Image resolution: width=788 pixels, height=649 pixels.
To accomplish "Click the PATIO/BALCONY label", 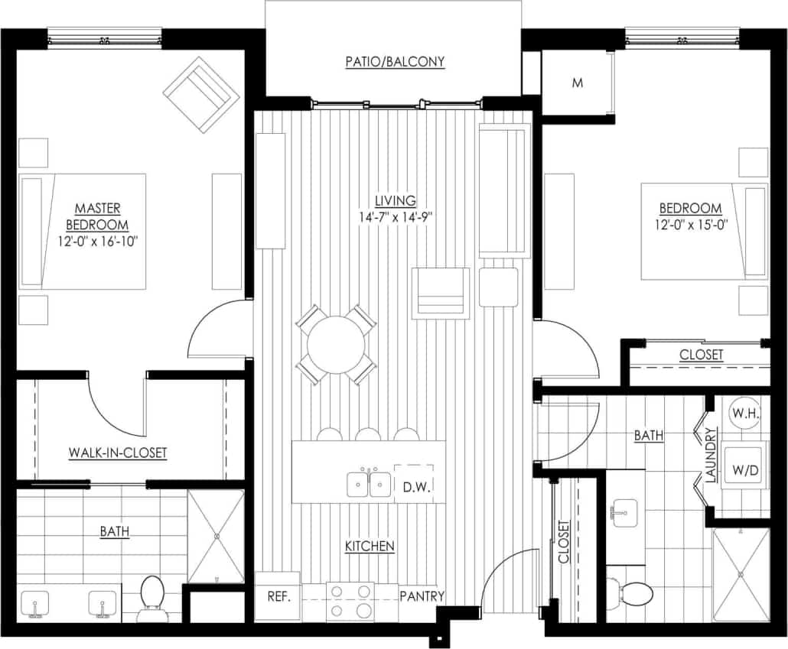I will [x=394, y=62].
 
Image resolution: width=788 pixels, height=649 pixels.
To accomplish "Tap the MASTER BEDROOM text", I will [x=97, y=216].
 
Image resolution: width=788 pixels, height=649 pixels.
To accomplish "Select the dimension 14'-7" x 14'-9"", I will [x=395, y=216].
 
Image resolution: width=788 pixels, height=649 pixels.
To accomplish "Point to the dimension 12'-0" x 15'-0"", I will [x=691, y=225].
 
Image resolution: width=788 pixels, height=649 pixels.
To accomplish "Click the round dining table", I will [x=336, y=345].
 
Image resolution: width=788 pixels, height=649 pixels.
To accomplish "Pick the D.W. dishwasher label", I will [x=412, y=485].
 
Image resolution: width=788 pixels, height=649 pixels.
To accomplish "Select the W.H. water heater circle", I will [x=744, y=414].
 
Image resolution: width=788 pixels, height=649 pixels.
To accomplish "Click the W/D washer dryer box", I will [x=744, y=469].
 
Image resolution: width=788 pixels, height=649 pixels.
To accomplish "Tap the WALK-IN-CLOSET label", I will [x=118, y=453].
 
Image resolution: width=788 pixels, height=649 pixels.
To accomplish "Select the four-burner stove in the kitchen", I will [x=350, y=601].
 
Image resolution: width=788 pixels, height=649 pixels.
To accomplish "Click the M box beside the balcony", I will [x=577, y=83].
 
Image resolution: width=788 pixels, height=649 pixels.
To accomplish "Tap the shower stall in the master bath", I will [x=216, y=536].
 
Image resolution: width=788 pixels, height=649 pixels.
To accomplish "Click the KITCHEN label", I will [x=370, y=546].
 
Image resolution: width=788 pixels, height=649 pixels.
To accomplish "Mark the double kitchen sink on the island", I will [x=370, y=484].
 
